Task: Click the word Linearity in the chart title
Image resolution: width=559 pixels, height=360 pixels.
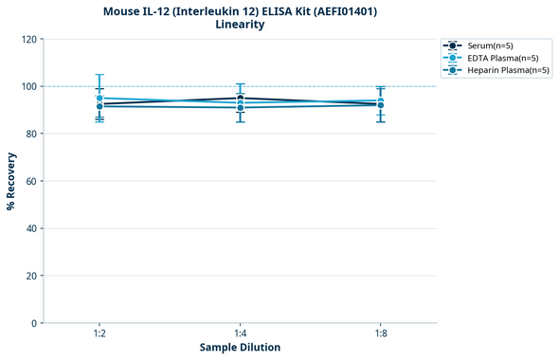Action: coord(240,25)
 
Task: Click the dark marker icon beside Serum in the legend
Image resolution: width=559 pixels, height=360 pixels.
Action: coord(454,45)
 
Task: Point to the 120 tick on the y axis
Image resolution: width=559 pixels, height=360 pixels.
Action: coord(28,40)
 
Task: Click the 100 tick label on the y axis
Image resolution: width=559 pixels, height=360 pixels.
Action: coord(28,87)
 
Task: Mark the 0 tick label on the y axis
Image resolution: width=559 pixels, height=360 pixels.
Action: coord(34,323)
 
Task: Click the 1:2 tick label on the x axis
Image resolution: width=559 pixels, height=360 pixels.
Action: coord(99,334)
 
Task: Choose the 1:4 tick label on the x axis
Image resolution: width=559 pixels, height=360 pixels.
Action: coord(240,334)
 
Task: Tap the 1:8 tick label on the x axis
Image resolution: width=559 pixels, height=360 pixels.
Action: coord(380,334)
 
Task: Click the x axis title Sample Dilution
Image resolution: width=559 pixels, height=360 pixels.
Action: coord(240,348)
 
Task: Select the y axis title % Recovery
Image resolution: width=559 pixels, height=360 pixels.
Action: coord(11,181)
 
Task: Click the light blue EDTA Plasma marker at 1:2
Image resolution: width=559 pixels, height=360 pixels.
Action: coord(99,99)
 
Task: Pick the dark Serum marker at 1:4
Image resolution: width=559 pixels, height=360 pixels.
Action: coord(240,98)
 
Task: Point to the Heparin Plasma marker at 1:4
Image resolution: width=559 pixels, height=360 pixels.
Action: coord(240,108)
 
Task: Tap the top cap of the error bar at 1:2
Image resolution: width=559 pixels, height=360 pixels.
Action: coord(99,75)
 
